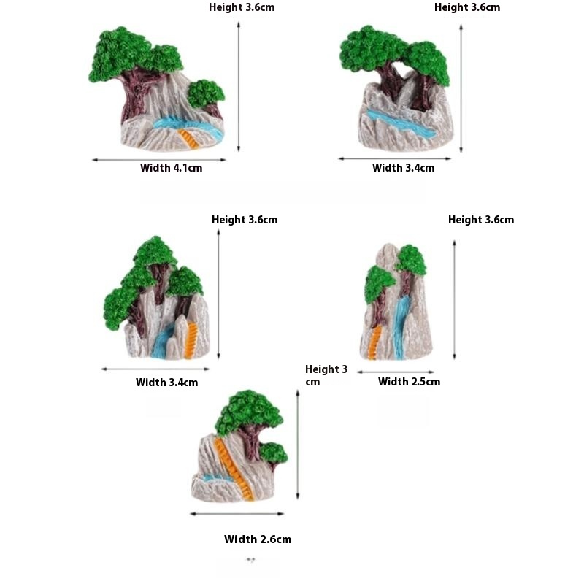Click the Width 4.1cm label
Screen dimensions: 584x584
tap(171, 168)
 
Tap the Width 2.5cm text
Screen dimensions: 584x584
tap(409, 381)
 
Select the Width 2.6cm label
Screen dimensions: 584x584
tap(258, 539)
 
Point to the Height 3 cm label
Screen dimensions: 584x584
tap(326, 375)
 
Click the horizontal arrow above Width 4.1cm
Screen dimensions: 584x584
tap(159, 160)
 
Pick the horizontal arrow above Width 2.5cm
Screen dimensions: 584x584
tap(396, 372)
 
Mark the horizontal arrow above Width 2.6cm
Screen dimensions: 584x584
tap(237, 514)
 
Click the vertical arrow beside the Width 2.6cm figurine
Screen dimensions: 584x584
tap(298, 445)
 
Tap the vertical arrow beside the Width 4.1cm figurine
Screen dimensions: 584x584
tap(239, 87)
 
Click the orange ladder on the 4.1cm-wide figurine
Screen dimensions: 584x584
tap(188, 139)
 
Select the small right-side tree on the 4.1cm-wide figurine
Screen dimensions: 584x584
tap(206, 94)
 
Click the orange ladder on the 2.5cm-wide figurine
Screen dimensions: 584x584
tap(374, 342)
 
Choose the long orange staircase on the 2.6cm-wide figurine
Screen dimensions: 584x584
tap(234, 468)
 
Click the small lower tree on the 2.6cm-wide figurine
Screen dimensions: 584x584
tap(273, 453)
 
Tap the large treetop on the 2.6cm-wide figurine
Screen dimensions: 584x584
tap(249, 412)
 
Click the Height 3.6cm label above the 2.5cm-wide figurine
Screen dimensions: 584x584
tap(481, 220)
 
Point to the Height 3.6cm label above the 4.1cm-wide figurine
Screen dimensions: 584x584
tap(242, 7)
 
